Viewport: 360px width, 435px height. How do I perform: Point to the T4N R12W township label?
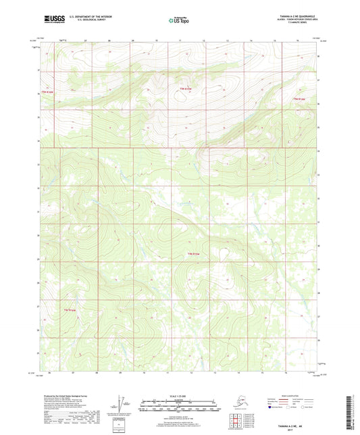69,310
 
